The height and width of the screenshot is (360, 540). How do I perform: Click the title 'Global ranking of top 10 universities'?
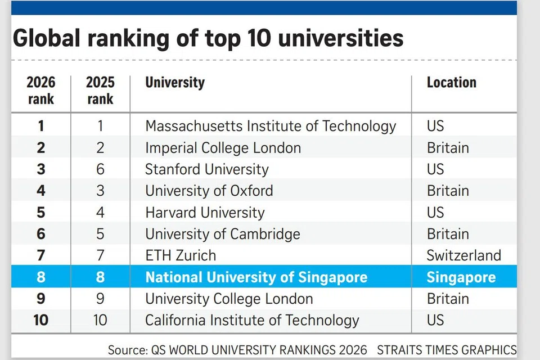tap(208, 38)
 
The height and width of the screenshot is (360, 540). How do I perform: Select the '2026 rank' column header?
tap(41, 91)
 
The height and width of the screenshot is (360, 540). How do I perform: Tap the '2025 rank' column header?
tap(100, 91)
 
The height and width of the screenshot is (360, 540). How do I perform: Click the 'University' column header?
tap(175, 83)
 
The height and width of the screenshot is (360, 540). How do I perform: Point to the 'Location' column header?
tap(451, 83)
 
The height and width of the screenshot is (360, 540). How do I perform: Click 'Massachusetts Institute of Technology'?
tap(271, 126)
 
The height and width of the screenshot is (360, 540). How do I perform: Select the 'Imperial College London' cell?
tap(223, 148)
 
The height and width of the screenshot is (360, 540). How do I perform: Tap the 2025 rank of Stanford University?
tap(100, 169)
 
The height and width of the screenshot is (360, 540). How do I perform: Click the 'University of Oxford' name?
tap(209, 191)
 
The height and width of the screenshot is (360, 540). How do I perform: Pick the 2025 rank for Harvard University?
tap(100, 213)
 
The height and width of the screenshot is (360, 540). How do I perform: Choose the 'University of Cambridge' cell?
tap(223, 234)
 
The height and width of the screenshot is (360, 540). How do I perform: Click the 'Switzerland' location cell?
tap(463, 255)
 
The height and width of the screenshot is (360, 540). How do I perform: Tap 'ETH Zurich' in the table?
tap(181, 255)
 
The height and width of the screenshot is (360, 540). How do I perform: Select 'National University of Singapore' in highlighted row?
tap(256, 277)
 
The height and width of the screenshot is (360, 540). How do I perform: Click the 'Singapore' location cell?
tap(461, 277)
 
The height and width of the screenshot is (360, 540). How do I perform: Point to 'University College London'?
tap(229, 299)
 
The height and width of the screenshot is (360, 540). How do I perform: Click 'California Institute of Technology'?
tap(252, 321)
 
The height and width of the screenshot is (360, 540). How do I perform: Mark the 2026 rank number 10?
tap(41, 321)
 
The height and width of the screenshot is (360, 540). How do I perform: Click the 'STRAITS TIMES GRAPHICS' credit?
tap(447, 350)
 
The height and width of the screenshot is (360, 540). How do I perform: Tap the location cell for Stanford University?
tap(435, 169)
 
